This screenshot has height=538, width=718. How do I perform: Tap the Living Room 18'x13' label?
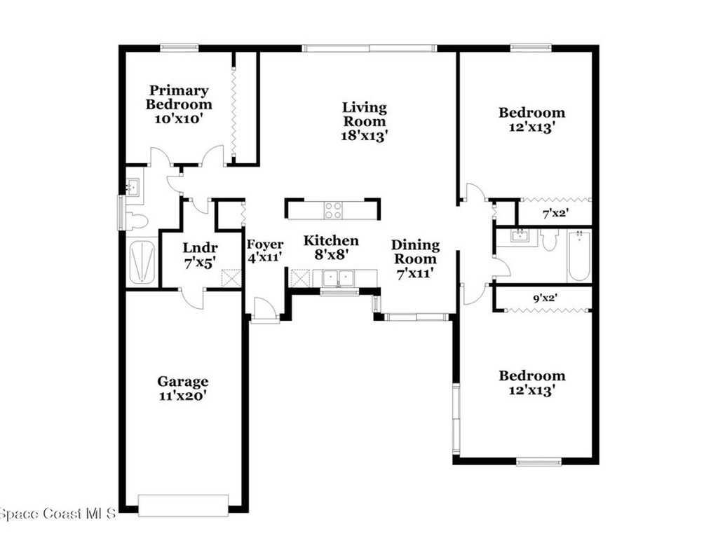364,121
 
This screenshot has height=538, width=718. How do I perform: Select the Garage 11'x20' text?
182,388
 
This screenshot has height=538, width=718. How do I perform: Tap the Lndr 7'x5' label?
200,255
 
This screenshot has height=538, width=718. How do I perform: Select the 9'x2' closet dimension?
544,298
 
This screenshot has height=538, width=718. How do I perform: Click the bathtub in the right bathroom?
579,256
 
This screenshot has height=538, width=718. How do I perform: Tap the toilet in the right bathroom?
549,240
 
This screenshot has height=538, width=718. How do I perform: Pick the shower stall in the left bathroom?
142,262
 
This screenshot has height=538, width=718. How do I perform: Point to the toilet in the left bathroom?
136,221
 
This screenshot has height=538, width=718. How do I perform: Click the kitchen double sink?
338,278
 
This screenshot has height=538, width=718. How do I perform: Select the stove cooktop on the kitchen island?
333,209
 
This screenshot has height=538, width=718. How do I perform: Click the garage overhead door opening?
183,505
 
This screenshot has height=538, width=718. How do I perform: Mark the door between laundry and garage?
191,297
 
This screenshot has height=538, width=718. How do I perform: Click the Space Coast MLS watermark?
57,515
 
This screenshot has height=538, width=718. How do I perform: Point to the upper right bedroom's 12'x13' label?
531,120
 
